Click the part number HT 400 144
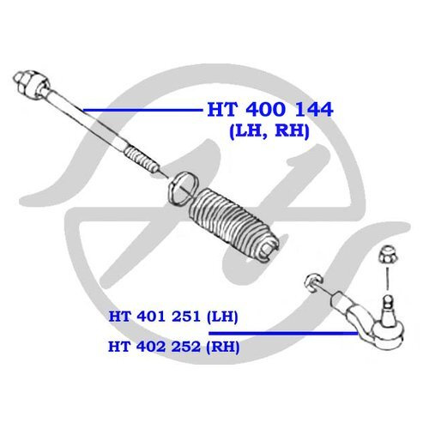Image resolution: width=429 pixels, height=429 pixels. click(x=270, y=109)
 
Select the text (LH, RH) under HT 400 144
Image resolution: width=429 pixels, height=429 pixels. click(x=269, y=131)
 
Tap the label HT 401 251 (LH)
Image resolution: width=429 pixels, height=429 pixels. click(x=173, y=317)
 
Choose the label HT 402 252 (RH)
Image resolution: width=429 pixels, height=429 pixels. click(x=173, y=347)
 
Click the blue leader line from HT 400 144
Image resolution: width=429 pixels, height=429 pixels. click(x=142, y=110)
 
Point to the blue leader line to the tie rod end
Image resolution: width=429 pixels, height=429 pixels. click(x=283, y=333)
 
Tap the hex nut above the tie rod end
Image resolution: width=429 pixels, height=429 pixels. click(x=386, y=256)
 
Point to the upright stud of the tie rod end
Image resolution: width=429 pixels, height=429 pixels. click(x=387, y=307)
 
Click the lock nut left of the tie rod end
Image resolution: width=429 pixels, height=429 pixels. click(x=313, y=283)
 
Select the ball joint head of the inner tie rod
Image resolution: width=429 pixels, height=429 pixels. click(x=32, y=85)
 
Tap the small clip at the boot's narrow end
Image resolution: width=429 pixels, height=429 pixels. click(x=268, y=250)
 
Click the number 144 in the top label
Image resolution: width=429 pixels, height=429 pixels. click(x=314, y=109)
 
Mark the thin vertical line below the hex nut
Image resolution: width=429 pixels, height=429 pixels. click(x=387, y=279)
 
